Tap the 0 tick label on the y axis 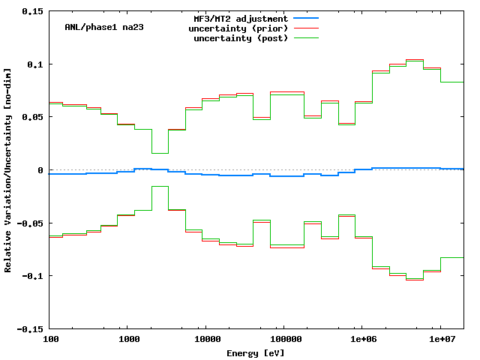[40, 170]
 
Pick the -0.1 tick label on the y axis [33, 276]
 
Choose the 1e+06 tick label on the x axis [362, 340]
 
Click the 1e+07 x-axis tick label [440, 340]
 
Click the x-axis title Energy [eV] [256, 352]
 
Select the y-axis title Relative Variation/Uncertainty [8, 170]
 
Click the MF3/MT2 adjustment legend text [241, 18]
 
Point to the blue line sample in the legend [307, 18]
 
